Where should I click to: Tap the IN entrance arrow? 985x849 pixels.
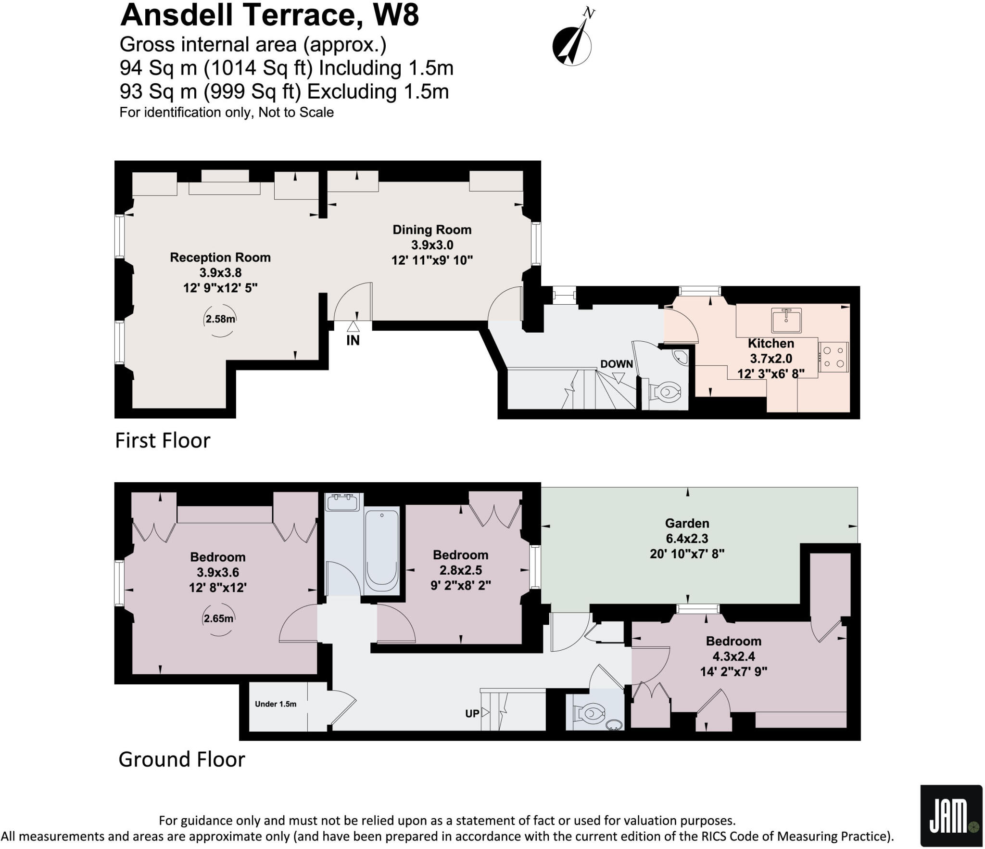tap(353, 327)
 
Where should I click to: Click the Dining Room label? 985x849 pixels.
tap(432, 230)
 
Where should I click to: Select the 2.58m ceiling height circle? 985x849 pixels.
tap(220, 319)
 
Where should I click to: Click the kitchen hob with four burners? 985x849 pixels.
tap(834, 357)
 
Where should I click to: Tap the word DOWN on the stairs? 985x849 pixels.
tap(616, 364)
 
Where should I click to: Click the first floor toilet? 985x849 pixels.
tap(666, 392)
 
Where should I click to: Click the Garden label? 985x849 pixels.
tap(687, 523)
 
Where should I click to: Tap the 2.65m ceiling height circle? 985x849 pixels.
tap(218, 619)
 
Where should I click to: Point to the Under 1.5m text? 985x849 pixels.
tap(276, 704)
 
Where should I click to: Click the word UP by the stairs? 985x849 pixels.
tap(472, 713)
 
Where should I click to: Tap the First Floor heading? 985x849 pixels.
tap(163, 440)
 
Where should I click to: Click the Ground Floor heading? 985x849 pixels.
tap(181, 759)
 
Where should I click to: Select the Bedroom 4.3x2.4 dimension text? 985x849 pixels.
tap(733, 656)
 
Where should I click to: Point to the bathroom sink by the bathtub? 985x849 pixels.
tap(342, 502)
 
